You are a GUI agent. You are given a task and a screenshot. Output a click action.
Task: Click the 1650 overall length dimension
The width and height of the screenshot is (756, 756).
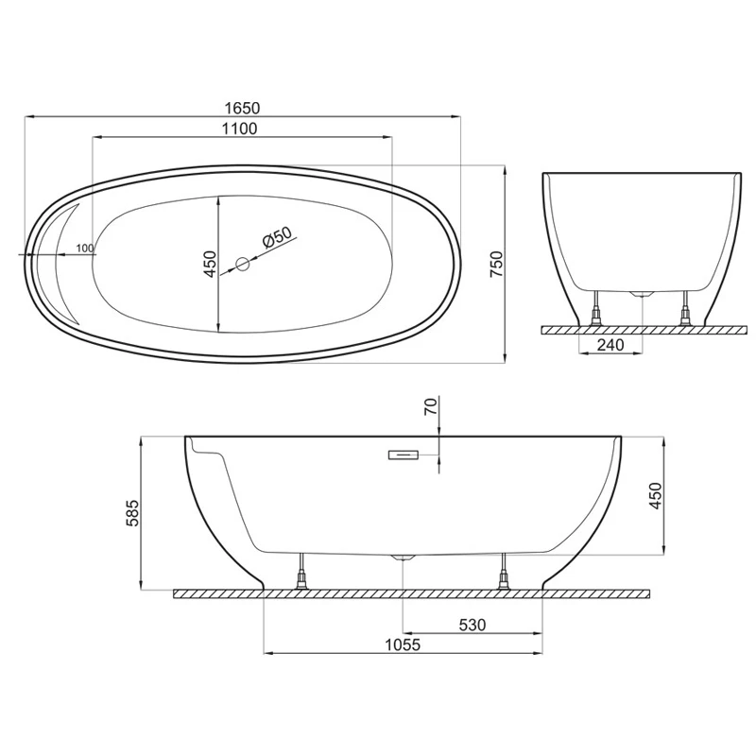pos(242,108)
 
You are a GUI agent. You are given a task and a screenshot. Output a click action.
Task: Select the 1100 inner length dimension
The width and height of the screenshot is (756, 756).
pos(240,129)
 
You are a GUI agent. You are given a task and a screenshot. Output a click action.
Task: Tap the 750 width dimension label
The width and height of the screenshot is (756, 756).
pos(496,264)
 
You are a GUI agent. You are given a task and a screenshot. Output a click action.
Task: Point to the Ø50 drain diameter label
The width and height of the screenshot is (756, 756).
pos(277,237)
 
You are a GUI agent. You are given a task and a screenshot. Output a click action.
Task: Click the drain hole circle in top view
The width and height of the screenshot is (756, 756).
pos(243,264)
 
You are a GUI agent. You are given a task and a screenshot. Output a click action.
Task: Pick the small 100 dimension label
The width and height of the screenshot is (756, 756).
pos(85,249)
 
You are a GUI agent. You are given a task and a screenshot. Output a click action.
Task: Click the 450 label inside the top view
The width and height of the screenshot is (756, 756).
pos(211,264)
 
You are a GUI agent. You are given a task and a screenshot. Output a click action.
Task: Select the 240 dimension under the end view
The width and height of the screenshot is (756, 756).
pos(610,345)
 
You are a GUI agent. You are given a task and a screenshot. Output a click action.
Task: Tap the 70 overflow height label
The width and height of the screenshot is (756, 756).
pos(432,406)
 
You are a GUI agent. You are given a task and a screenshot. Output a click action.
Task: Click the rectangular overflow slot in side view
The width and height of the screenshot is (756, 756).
pos(404,455)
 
